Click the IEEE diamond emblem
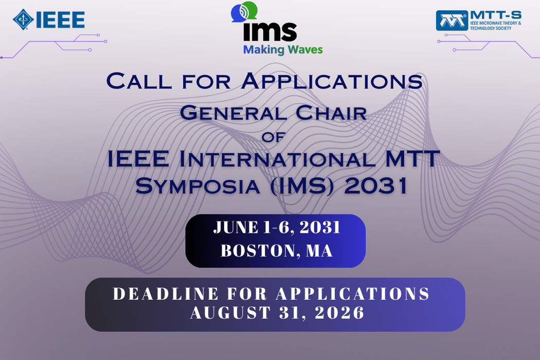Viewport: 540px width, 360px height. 23,20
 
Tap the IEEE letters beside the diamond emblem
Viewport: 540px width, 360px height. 61,20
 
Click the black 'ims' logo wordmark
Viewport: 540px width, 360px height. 269,32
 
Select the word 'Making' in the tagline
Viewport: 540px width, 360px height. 263,50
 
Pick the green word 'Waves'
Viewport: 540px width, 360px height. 305,49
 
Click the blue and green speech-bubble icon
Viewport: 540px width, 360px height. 244,12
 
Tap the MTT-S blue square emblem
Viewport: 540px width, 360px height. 452,21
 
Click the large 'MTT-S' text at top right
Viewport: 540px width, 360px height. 496,15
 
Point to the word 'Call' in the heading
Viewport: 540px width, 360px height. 139,81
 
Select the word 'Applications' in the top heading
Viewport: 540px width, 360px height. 332,81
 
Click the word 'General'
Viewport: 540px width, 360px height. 233,113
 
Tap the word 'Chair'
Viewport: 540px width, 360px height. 331,113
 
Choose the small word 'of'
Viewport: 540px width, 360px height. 273,137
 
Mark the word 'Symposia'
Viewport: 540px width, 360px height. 197,186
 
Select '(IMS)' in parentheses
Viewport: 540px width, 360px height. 302,186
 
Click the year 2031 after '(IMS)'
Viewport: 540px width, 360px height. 376,186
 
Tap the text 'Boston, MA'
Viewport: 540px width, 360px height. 276,251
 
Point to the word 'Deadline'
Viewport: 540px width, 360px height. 166,294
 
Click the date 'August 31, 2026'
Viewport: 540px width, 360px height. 277,313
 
